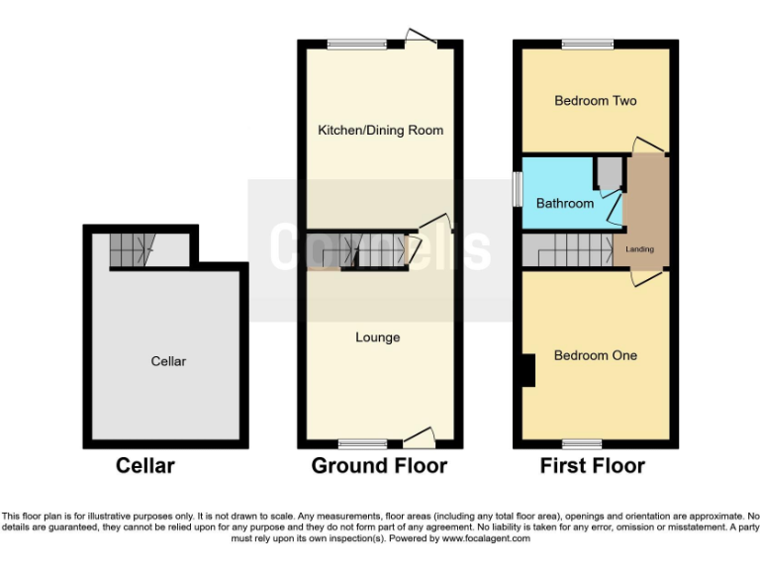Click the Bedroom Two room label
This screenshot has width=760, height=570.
point(595,101)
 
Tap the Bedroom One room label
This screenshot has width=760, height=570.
point(595,355)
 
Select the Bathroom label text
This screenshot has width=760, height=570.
point(565,203)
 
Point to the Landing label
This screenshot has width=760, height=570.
point(640,249)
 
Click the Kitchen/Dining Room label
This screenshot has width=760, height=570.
point(380,131)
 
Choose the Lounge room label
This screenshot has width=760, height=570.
point(378,337)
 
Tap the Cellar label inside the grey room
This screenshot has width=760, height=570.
point(168,361)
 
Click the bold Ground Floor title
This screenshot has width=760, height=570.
point(379,465)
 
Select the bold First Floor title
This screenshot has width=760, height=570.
point(592,465)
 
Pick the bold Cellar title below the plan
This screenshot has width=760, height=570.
point(145,465)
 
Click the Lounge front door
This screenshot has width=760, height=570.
point(420,436)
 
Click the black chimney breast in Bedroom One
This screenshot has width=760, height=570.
point(527,370)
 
